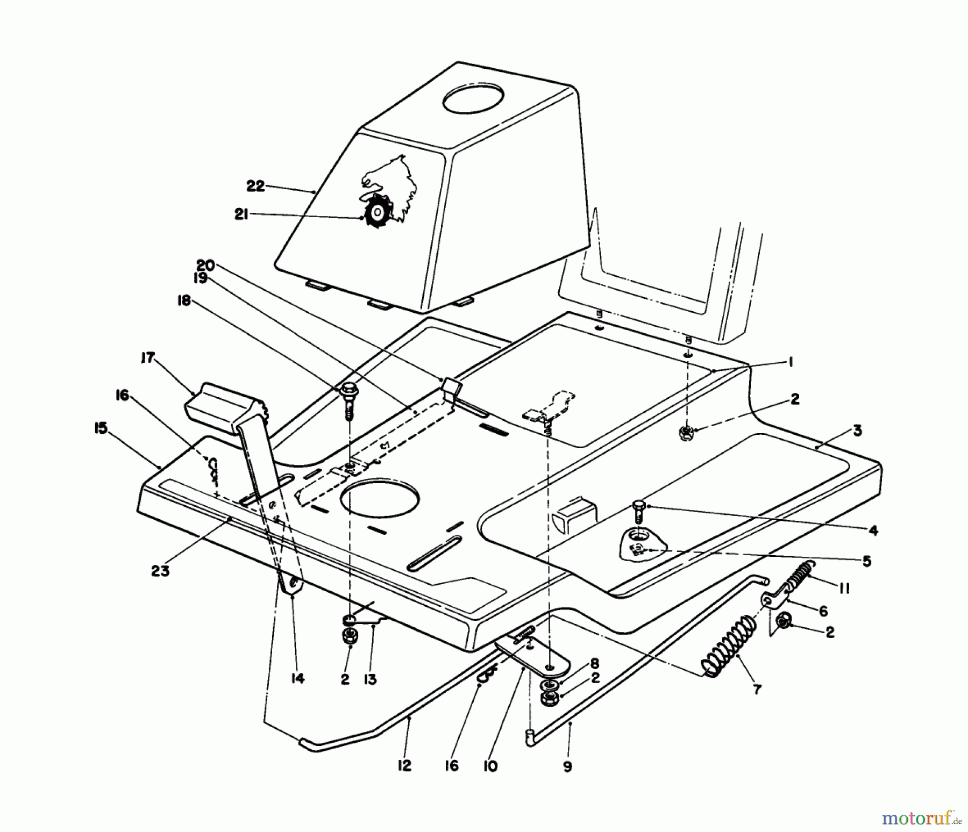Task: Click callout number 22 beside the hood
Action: pos(255,186)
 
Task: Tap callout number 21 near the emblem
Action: pos(240,214)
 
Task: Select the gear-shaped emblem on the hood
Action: pos(378,213)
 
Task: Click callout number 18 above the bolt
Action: pos(184,302)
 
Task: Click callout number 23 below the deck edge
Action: pos(160,571)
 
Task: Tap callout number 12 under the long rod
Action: pos(404,765)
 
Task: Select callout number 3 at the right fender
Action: pos(857,431)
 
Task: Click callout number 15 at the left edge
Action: pos(100,428)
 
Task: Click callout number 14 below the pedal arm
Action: pos(297,679)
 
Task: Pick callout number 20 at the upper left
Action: pos(205,265)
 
